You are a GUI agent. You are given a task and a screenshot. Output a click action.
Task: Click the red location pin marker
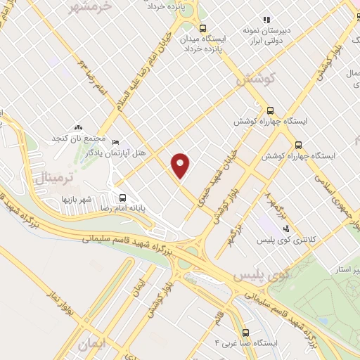point(181,165)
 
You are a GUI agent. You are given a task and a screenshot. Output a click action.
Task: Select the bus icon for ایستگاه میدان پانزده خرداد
point(203,29)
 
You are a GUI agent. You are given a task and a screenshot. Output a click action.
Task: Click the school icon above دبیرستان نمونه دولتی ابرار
point(266,20)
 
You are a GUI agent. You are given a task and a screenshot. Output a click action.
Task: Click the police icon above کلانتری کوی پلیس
point(286,228)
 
